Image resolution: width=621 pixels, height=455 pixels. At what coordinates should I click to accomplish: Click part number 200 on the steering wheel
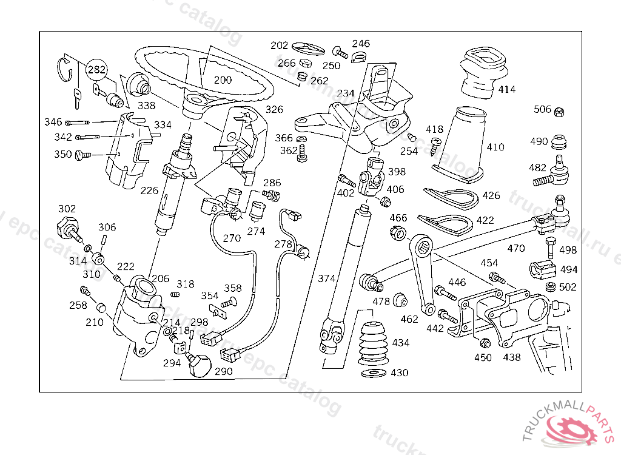[223, 79]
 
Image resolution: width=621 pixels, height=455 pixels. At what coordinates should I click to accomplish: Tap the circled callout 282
[96, 70]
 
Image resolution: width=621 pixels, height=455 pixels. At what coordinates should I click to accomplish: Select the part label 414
[506, 90]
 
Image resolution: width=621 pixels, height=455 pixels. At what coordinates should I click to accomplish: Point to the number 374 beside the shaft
[326, 278]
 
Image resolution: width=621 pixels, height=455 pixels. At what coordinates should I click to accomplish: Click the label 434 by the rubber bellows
[400, 343]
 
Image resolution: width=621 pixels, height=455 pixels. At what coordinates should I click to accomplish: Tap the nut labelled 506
[561, 111]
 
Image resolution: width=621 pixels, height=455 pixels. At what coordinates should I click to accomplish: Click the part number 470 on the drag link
[515, 248]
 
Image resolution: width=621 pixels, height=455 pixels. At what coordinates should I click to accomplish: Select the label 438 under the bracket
[511, 357]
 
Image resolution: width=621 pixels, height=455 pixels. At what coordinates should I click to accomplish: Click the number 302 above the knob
[67, 208]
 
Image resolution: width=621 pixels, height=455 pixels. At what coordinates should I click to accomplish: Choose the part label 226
[149, 190]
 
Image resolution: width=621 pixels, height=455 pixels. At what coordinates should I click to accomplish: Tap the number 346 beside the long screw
[53, 122]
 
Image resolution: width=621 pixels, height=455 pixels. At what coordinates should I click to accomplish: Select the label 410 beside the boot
[495, 147]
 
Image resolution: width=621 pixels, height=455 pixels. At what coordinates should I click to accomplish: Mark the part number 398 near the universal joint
[397, 172]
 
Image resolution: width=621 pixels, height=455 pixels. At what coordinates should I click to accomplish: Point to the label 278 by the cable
[283, 244]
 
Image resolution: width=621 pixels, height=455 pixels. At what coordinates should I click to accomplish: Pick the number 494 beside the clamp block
[568, 269]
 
